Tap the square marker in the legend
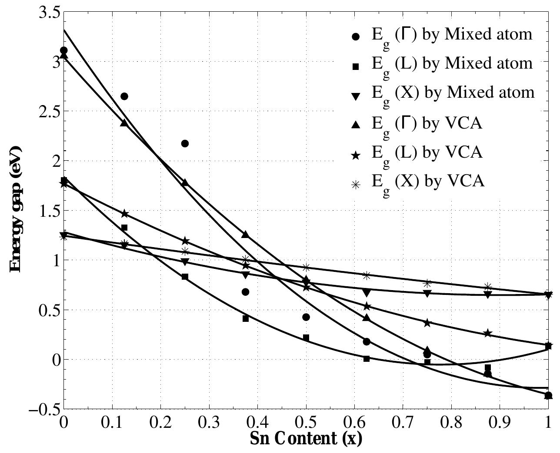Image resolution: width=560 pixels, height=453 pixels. [356, 66]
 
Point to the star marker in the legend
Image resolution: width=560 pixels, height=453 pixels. [356, 155]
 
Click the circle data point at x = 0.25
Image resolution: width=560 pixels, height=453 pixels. [185, 143]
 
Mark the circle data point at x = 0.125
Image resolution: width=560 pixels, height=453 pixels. [124, 96]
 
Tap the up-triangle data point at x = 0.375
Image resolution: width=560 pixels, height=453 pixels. [245, 235]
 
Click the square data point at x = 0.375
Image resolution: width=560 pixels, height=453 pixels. [246, 318]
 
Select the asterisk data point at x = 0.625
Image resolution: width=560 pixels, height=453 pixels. [367, 275]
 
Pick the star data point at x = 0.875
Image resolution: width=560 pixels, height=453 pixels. [487, 333]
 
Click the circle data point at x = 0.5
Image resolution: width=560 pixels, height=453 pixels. [306, 317]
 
